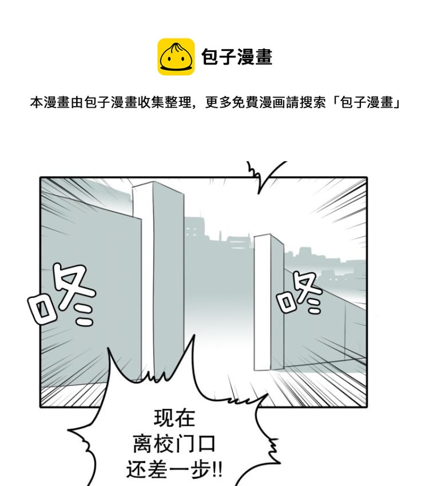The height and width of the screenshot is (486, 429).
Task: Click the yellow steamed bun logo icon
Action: coord(176,57)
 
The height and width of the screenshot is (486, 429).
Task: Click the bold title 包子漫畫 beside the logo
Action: coord(237,57)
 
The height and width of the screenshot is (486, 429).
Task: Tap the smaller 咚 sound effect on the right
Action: coord(300,292)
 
